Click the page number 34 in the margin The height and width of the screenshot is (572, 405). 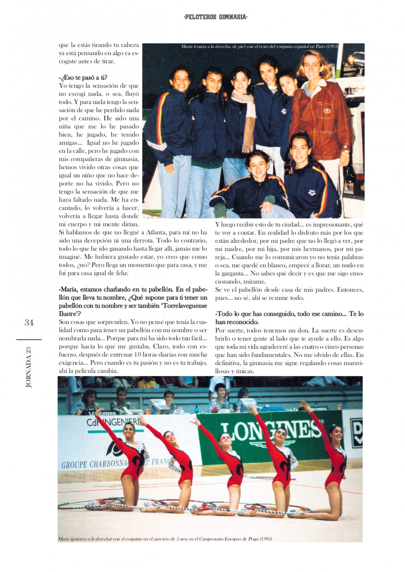pos(29,323)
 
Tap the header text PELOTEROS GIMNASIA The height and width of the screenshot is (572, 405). pos(215,17)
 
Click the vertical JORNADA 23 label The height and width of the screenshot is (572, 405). pos(29,367)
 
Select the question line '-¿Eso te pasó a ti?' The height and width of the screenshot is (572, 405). pos(83,77)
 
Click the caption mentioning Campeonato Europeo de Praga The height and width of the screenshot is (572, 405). pos(165,539)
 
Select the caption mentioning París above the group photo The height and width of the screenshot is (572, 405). pos(260,46)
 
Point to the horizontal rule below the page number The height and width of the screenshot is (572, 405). pos(29,340)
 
